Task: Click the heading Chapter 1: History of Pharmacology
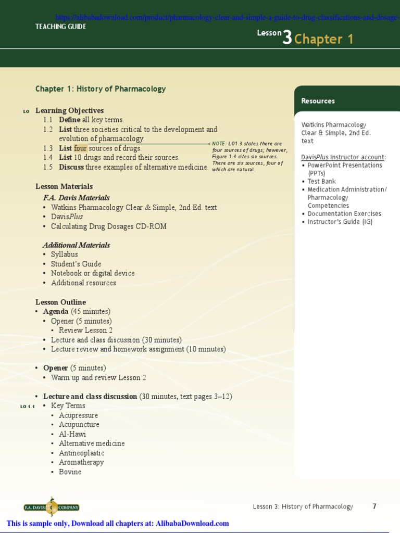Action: (101, 89)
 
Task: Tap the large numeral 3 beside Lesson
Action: (287, 37)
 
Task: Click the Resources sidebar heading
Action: (318, 101)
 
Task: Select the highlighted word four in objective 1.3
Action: (81, 148)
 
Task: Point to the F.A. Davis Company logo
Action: (52, 507)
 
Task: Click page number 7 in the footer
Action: (374, 506)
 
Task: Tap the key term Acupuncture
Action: (79, 425)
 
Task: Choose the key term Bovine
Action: (70, 472)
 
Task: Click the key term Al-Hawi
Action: (72, 434)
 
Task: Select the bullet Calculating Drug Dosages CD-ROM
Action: (108, 226)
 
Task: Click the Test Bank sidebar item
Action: (321, 182)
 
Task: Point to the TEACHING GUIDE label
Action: (61, 27)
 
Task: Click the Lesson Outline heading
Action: (60, 302)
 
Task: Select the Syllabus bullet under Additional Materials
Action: (64, 255)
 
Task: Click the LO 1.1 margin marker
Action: (28, 407)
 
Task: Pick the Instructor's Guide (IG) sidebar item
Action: (340, 222)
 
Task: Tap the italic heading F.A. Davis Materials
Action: (76, 198)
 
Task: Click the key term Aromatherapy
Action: (81, 462)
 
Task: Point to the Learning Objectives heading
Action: (69, 110)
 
